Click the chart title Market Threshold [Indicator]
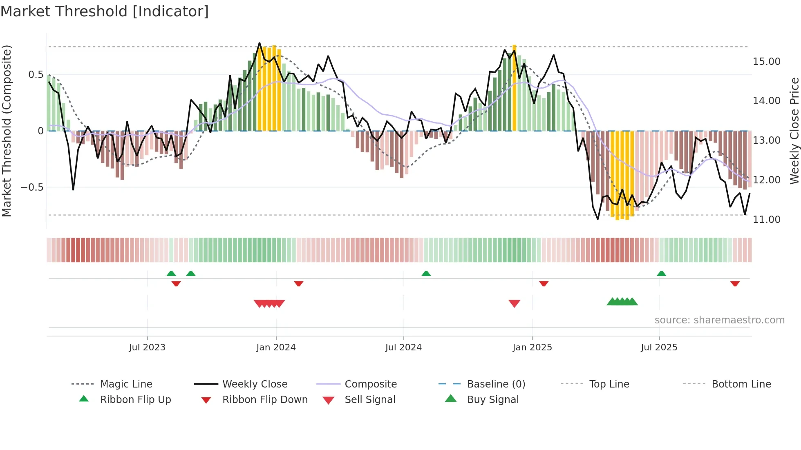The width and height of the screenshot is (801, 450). tap(105, 11)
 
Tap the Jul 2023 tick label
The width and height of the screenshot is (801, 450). tap(147, 348)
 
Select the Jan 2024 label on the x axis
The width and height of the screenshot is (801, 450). tap(276, 348)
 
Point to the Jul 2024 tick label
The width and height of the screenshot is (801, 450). tap(403, 348)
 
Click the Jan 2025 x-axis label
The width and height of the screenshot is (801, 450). tap(532, 348)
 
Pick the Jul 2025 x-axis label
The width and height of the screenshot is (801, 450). tap(659, 348)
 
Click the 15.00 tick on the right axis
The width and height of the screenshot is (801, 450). tap(766, 62)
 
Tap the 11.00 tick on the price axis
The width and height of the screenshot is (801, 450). tap(766, 220)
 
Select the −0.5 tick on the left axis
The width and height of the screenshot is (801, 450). tap(32, 187)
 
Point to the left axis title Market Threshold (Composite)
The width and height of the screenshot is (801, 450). tap(7, 131)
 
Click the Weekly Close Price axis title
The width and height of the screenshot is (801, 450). tap(794, 131)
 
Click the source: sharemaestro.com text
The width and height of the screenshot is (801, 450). tap(719, 320)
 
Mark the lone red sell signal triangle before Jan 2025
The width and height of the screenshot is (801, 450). tap(514, 303)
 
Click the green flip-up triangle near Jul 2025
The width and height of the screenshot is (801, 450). tap(661, 273)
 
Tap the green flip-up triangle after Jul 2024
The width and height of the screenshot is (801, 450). tap(426, 273)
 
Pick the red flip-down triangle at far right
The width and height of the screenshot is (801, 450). tap(735, 283)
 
